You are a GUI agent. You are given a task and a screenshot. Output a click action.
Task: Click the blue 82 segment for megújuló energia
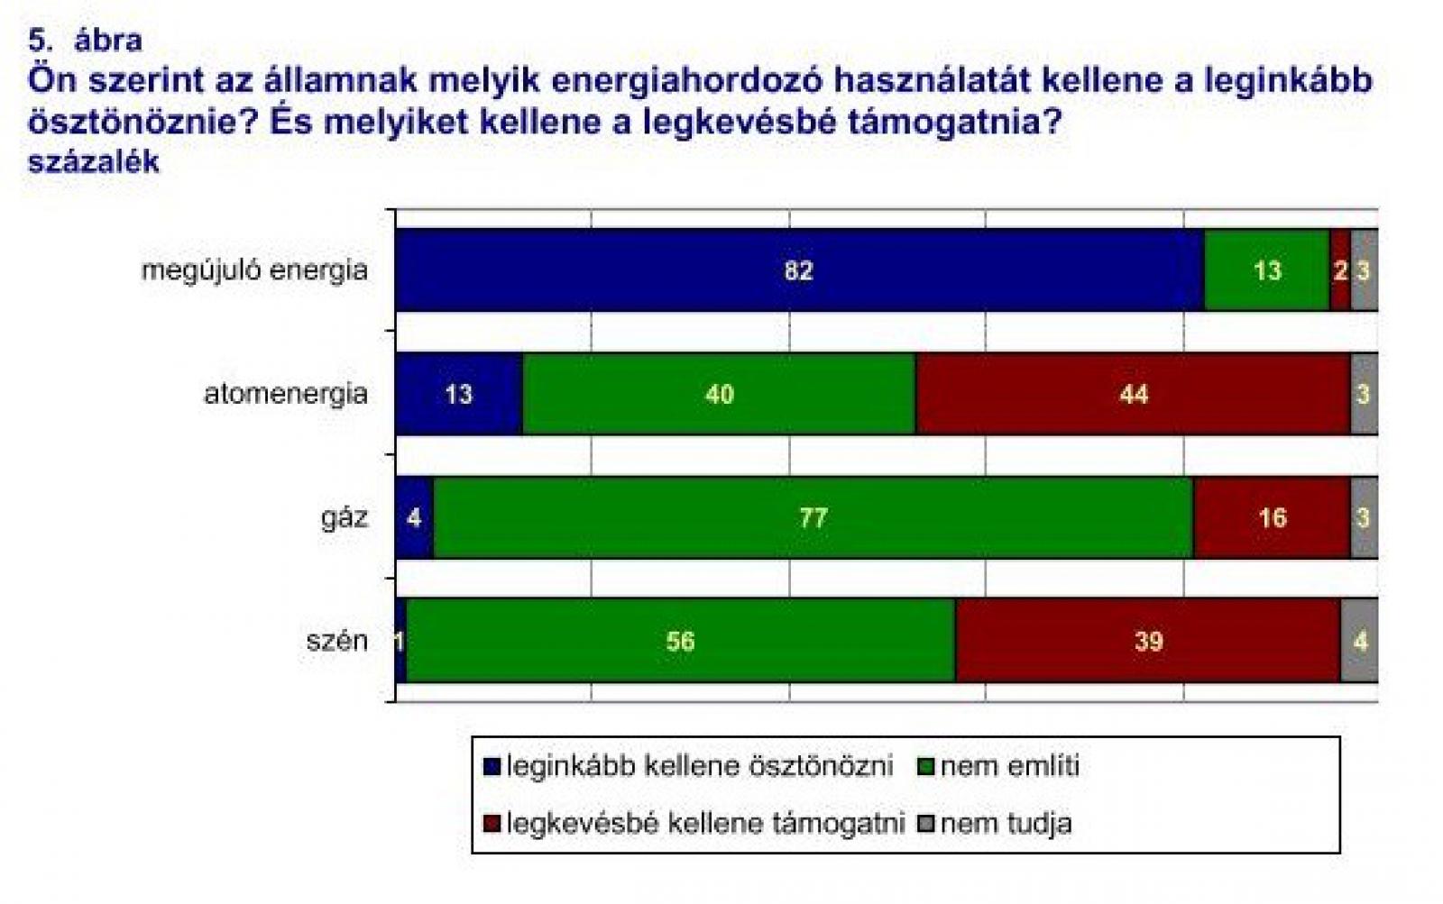coord(799,270)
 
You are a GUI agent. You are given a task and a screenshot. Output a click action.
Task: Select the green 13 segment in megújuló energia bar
coord(1267,270)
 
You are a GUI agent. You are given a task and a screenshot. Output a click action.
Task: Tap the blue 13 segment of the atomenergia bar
coord(459,394)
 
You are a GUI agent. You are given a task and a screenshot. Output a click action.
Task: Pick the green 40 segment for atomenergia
coord(720,394)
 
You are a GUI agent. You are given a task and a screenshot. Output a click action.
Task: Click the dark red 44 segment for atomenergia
coord(1133,394)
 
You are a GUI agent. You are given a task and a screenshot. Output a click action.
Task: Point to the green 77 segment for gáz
coord(813,517)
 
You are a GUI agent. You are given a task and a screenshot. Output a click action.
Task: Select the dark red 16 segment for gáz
coord(1272,517)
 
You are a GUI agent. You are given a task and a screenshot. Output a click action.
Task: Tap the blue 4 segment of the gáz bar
coord(415,517)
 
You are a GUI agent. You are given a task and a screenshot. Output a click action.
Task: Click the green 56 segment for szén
coord(681,641)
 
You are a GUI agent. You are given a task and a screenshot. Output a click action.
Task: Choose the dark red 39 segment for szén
coord(1149,641)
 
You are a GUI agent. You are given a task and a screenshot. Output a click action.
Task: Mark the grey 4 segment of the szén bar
coord(1360,641)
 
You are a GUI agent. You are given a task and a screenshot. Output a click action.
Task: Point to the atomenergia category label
coord(286,393)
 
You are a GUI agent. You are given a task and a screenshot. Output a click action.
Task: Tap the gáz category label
coord(345,517)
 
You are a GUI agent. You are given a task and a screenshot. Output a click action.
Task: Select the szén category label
coord(337,642)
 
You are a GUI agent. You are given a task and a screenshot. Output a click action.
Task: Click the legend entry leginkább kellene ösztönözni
coord(688,766)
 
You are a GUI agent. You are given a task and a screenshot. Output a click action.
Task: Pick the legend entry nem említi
coord(998,766)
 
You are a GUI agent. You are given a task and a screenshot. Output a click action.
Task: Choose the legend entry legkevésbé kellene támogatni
coord(694,824)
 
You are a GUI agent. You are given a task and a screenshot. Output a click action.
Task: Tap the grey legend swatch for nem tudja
coord(925,824)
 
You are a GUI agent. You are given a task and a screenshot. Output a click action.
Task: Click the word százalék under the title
coord(94,161)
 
